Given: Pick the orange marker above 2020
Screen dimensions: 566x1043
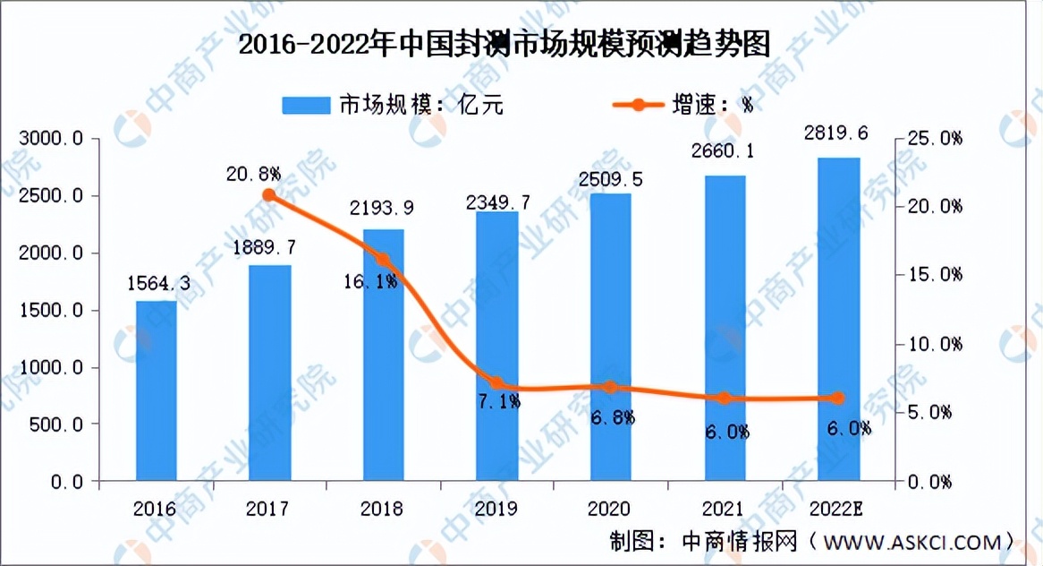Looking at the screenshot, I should click(x=611, y=388).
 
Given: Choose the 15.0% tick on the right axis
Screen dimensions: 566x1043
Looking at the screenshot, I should click(x=930, y=275).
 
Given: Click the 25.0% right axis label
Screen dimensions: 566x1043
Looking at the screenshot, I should click(x=930, y=139).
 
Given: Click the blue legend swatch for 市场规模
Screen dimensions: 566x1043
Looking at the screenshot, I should click(x=305, y=105).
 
